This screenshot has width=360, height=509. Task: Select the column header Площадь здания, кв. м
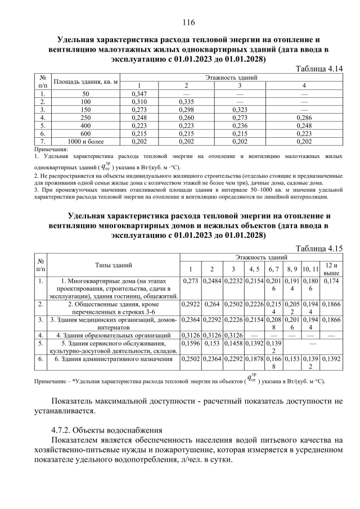tap(85, 82)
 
